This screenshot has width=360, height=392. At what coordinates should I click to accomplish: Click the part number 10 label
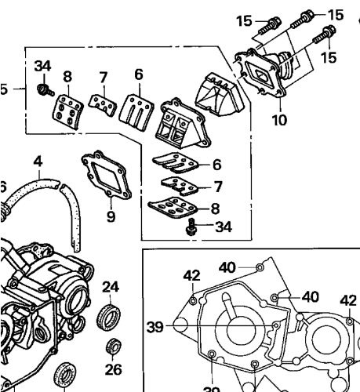click(279, 120)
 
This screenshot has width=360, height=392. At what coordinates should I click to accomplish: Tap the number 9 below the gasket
click(111, 216)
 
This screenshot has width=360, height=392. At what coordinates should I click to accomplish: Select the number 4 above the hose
click(37, 162)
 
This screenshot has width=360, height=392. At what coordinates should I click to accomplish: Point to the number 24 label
click(111, 287)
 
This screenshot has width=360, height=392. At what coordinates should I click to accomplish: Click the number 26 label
click(114, 368)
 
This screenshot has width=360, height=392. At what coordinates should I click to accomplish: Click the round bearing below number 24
click(110, 318)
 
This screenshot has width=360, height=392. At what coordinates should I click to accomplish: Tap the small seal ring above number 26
click(114, 344)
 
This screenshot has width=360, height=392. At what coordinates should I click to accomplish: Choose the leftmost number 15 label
click(244, 20)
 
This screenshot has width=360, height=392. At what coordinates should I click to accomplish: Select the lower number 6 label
click(216, 164)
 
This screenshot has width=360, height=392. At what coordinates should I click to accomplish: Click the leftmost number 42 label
click(192, 276)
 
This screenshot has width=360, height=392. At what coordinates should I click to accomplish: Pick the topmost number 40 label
click(227, 267)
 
